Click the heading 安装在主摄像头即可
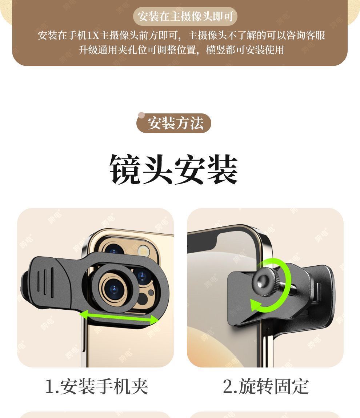coord(185,16)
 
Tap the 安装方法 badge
coord(174,123)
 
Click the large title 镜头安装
coord(173,169)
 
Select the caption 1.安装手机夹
coord(96,386)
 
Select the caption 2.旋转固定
coord(265,386)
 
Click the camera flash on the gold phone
coord(144,250)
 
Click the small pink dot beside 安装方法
coord(141,116)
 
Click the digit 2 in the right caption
coord(228,386)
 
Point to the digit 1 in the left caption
coord(49,386)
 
